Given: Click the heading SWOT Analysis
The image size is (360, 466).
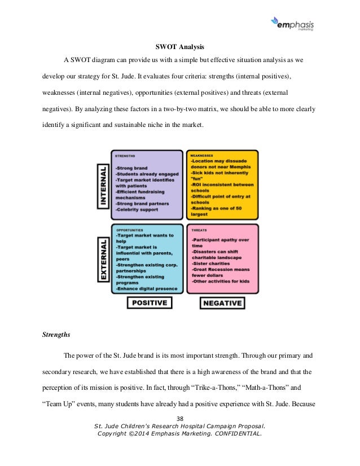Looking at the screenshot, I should (179, 46).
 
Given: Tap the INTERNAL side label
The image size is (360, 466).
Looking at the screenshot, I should (102, 186).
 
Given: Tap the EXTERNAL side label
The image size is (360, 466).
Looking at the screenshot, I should (103, 260).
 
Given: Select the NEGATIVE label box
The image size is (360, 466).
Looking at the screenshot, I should (222, 303).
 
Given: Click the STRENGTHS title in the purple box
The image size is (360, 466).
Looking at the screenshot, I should (125, 155).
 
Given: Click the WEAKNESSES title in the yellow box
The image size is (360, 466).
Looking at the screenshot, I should (202, 155).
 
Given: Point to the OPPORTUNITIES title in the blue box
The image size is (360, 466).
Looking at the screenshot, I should (129, 230).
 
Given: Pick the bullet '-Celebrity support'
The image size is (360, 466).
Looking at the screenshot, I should (137, 209).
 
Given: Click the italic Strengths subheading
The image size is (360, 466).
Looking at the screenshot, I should (56, 335).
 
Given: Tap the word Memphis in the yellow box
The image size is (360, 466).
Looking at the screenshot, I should (238, 167).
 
